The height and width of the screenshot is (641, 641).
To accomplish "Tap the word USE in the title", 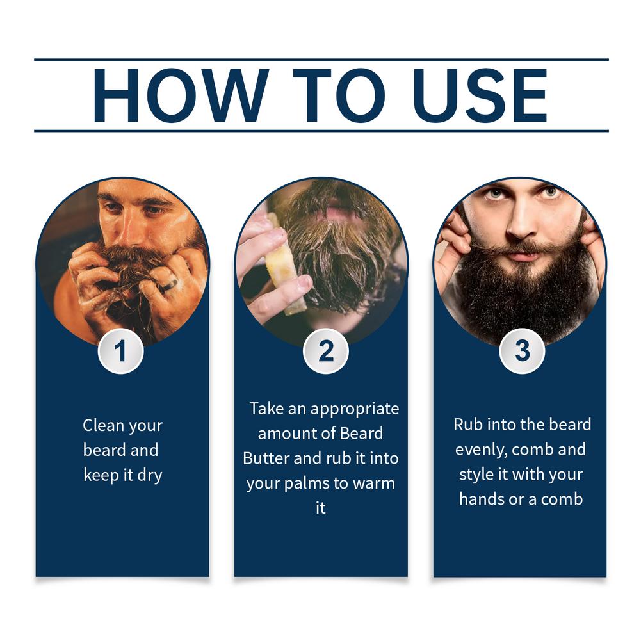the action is [480, 95].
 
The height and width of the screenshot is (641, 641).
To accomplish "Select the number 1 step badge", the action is [120, 351].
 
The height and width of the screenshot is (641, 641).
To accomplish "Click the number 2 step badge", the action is [326, 351].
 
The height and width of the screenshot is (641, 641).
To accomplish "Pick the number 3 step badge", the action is [522, 351].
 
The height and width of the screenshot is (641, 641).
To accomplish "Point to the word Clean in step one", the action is [103, 425].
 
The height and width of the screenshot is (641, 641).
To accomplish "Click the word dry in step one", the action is [150, 476].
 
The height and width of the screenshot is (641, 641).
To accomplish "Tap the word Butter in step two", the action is [266, 458].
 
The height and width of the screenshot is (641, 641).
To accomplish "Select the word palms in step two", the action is [306, 484].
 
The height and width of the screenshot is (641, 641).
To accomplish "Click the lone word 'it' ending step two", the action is [320, 508].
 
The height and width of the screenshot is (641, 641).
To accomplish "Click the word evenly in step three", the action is [481, 450].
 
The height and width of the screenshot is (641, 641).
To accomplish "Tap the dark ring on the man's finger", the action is [168, 286].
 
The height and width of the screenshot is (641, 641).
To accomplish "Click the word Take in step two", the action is [266, 409].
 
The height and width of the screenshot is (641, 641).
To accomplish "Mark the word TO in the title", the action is [339, 95].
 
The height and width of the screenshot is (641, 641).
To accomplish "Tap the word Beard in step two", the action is [361, 434].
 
